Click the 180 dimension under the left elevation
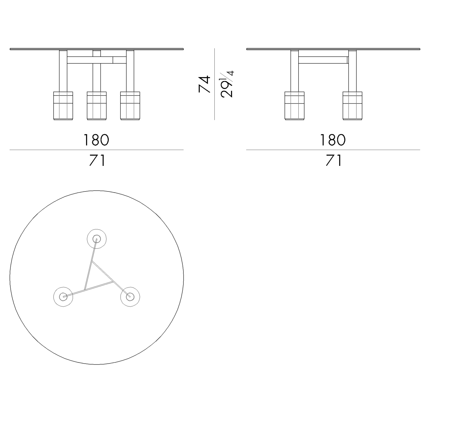coord(96,140)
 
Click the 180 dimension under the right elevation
coord(333,140)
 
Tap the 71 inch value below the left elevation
coord(97,160)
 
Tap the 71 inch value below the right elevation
coord(334,160)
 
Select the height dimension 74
coord(204,84)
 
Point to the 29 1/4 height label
coord(227,84)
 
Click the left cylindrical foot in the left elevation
coord(63,106)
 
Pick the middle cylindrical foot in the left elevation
coord(97,106)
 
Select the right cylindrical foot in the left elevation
coord(130,106)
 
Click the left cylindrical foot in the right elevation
coord(295,106)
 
